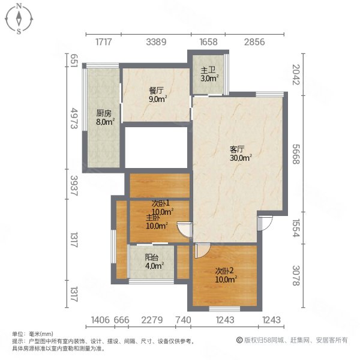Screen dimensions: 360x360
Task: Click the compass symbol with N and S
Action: coord(19,18)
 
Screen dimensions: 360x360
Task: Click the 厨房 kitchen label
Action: coord(104,113)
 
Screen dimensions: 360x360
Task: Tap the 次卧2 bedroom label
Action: coord(226,271)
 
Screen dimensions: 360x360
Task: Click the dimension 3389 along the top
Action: coord(156,41)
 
